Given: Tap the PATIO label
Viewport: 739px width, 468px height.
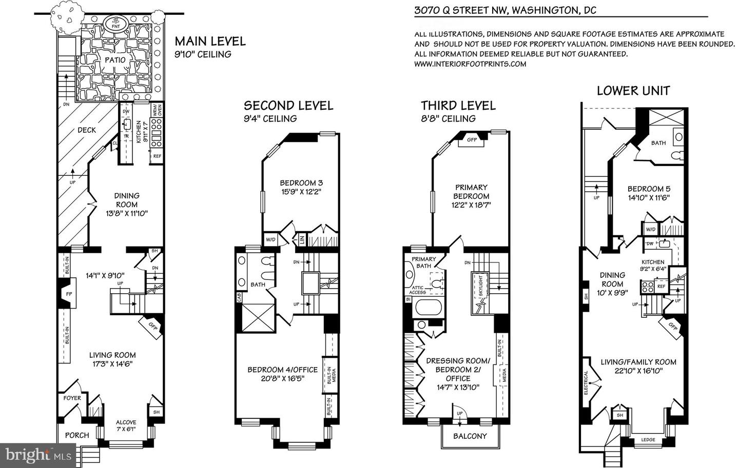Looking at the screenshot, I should [x=115, y=60].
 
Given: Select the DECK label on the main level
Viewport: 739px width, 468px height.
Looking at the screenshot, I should [x=86, y=130].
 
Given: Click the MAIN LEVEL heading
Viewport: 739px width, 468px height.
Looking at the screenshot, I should [x=210, y=42].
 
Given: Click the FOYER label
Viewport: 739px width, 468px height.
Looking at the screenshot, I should [x=72, y=398].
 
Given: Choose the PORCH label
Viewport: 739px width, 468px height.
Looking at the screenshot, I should [x=76, y=435].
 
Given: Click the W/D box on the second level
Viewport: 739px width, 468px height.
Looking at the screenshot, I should [x=270, y=239].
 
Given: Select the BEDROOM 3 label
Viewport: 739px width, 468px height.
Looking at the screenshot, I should [x=301, y=187].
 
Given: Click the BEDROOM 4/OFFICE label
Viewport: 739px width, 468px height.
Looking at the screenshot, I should [x=282, y=374].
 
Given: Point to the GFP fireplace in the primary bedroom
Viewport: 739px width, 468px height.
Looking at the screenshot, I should [x=471, y=139].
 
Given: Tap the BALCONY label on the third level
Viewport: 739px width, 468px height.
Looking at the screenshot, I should [x=470, y=436].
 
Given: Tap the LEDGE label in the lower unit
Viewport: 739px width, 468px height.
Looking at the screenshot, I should [x=648, y=439].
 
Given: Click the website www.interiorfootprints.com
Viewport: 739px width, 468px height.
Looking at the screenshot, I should [x=470, y=64].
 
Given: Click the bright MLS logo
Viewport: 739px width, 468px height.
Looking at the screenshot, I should [x=38, y=454].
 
